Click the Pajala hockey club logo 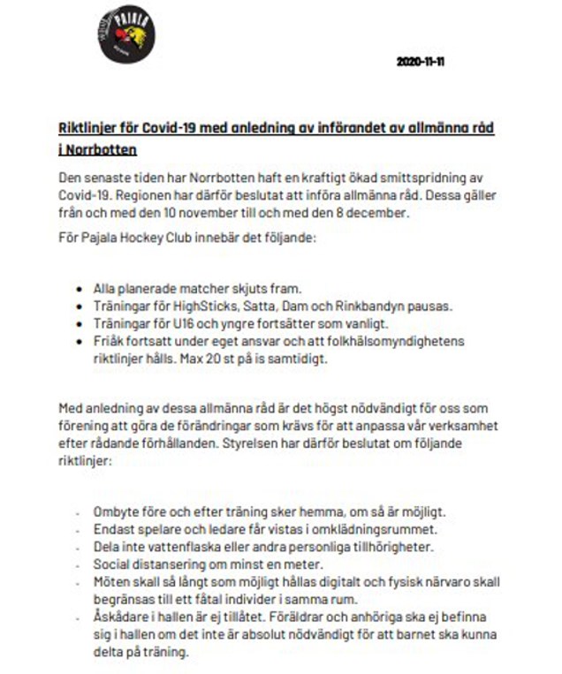(126, 35)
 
